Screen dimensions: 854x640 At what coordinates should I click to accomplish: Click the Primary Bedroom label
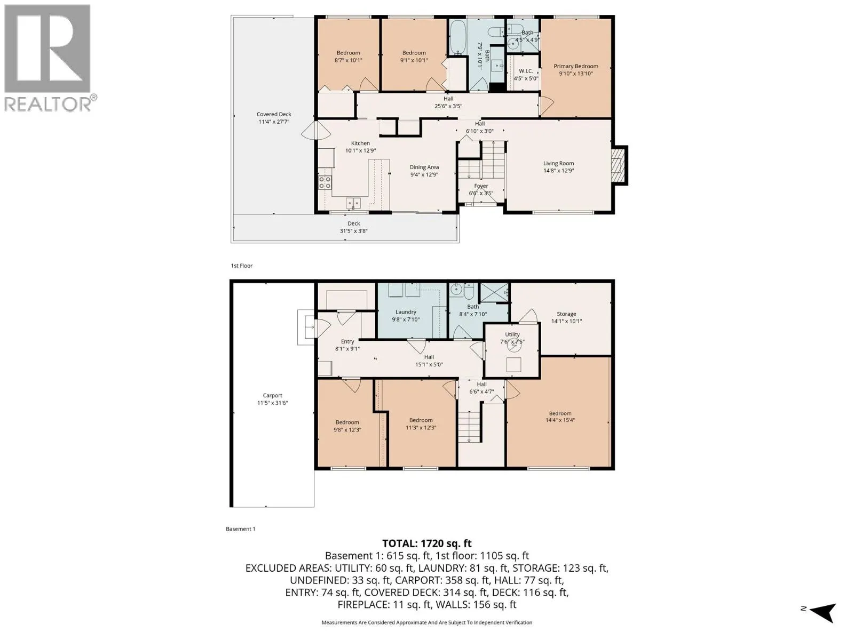click(575, 66)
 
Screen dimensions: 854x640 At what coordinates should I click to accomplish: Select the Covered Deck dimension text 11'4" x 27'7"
click(274, 122)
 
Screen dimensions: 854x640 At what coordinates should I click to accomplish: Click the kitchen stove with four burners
click(325, 182)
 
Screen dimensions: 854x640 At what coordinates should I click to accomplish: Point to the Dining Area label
click(424, 167)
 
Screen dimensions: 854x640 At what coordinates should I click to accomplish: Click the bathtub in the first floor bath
click(457, 37)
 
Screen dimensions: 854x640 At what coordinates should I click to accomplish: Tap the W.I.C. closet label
click(526, 71)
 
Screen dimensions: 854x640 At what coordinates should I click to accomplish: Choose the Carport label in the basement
click(272, 395)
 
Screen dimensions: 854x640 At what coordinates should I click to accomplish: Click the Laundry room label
click(406, 311)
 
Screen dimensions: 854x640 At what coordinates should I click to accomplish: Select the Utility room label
click(512, 334)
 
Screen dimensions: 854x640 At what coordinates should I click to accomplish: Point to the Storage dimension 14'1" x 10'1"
click(566, 321)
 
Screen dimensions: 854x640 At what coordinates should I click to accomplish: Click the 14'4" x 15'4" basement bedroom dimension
click(560, 420)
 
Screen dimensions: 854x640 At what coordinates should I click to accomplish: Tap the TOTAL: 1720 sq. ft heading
click(427, 543)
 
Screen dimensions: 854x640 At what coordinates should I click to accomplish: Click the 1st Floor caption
click(242, 266)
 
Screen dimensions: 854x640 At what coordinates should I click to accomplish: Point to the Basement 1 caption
click(240, 529)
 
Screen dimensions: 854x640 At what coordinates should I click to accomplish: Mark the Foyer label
click(481, 186)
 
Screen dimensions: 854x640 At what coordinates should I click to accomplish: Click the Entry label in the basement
click(347, 341)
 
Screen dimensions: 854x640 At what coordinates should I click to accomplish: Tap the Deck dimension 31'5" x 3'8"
click(354, 231)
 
